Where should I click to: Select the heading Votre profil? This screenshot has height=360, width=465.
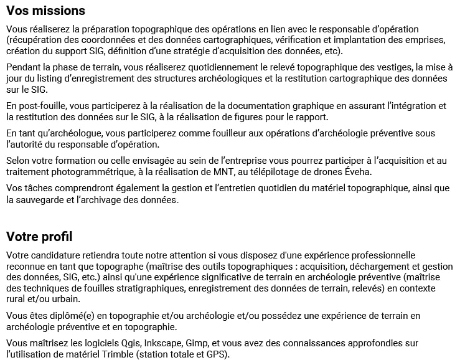pyautogui.click(x=39, y=237)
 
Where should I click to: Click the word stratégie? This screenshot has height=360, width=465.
pyautogui.click(x=187, y=51)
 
